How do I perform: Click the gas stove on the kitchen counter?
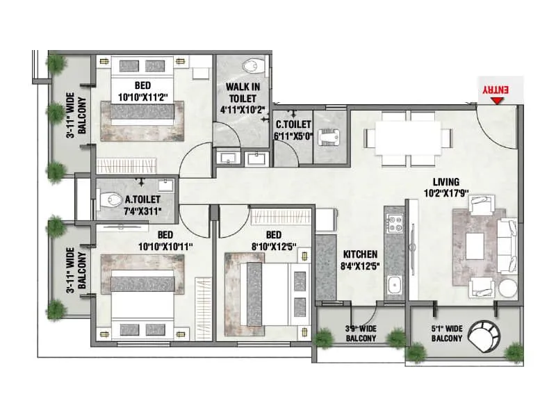tap(395, 225)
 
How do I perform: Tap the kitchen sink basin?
tap(395, 286)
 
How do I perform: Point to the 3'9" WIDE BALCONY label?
tap(361, 334)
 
